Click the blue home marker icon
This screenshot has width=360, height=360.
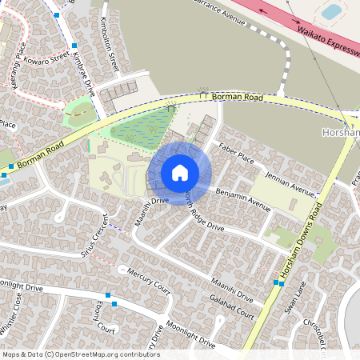tap(180, 173)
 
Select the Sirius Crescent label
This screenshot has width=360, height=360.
tap(98, 235)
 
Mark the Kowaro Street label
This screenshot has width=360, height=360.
tap(49, 58)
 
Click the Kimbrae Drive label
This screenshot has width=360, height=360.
tap(83, 74)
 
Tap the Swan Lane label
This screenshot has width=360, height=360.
tap(293, 298)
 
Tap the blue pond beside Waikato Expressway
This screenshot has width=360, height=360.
tap(330, 11)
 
